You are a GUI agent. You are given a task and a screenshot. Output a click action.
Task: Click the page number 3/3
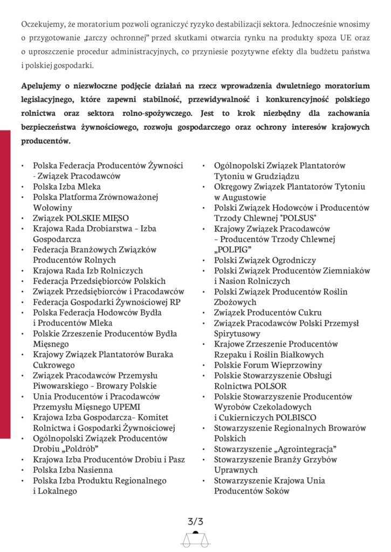[195, 521]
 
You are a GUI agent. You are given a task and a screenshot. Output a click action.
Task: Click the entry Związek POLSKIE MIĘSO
[81, 218]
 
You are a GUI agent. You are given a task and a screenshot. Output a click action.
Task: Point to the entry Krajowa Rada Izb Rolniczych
[88, 270]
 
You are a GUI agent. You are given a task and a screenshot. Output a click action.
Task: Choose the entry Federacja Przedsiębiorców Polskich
[99, 281]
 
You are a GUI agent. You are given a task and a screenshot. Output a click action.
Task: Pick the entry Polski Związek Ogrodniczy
[265, 260]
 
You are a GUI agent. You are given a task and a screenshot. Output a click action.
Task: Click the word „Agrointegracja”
[306, 449]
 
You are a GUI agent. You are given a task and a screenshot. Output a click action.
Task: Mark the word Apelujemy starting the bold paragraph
[43, 86]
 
